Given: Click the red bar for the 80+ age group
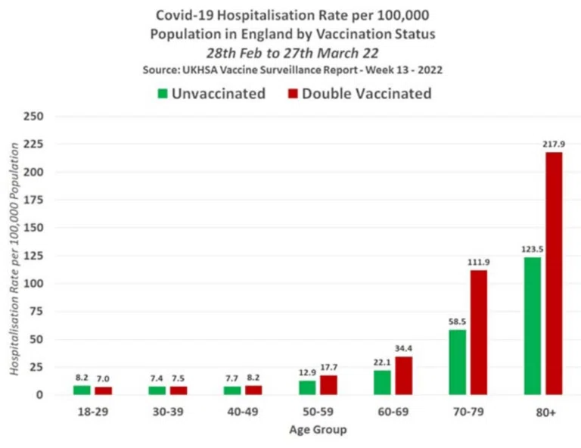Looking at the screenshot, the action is click(x=554, y=273).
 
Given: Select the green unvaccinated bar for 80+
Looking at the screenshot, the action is click(x=533, y=326).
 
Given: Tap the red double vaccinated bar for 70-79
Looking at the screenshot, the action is click(x=479, y=332).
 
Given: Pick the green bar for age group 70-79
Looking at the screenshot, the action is click(x=457, y=362).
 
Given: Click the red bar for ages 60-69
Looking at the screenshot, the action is click(x=403, y=376).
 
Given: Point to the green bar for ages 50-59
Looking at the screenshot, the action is click(x=307, y=387).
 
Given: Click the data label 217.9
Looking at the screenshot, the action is click(x=554, y=144).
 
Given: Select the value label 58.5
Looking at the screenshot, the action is click(x=457, y=322).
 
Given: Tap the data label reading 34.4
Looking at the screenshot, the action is click(x=403, y=348).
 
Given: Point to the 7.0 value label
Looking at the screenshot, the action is click(x=103, y=378).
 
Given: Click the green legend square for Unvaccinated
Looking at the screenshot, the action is click(x=163, y=93).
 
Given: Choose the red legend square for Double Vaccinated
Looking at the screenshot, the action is click(x=293, y=93).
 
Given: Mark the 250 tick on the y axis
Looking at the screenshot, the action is click(x=33, y=117).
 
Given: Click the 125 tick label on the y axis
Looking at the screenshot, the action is click(x=33, y=256).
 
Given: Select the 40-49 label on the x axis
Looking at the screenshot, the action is click(x=243, y=412).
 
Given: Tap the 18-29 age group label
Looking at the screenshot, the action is click(x=93, y=412).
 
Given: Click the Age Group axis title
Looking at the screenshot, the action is click(x=318, y=430).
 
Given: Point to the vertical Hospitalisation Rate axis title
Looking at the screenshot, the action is click(x=14, y=259).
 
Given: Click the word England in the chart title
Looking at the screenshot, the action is click(x=265, y=34).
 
